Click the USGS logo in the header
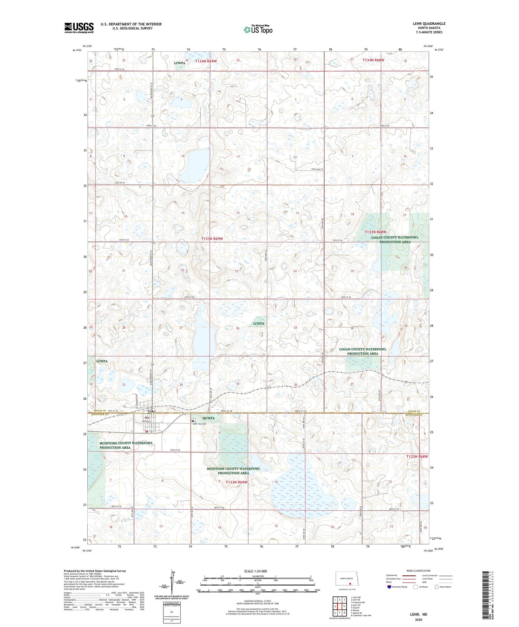[x=79, y=28]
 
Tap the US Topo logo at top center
[x=258, y=29]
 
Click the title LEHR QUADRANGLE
[x=429, y=24]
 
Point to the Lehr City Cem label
[x=200, y=424]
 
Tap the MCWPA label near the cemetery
[x=209, y=418]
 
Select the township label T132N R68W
[x=417, y=456]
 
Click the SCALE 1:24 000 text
[x=255, y=571]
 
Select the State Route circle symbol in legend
[x=437, y=587]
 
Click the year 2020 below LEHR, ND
[x=418, y=619]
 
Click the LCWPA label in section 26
[x=259, y=324]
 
